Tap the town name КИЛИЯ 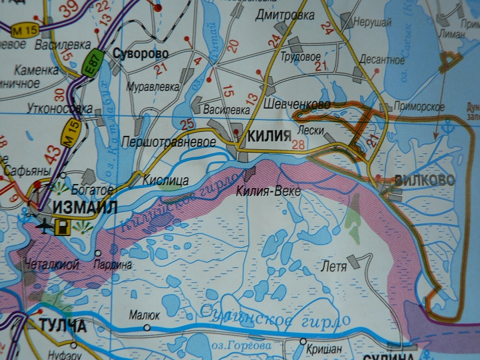pyautogui.click(x=269, y=136)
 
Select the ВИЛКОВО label pyautogui.click(x=425, y=180)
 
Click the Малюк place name pyautogui.click(x=145, y=315)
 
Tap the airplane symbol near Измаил pyautogui.click(x=45, y=226)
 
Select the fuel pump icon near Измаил pyautogui.click(x=63, y=227)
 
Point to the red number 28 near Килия pyautogui.click(x=298, y=144)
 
